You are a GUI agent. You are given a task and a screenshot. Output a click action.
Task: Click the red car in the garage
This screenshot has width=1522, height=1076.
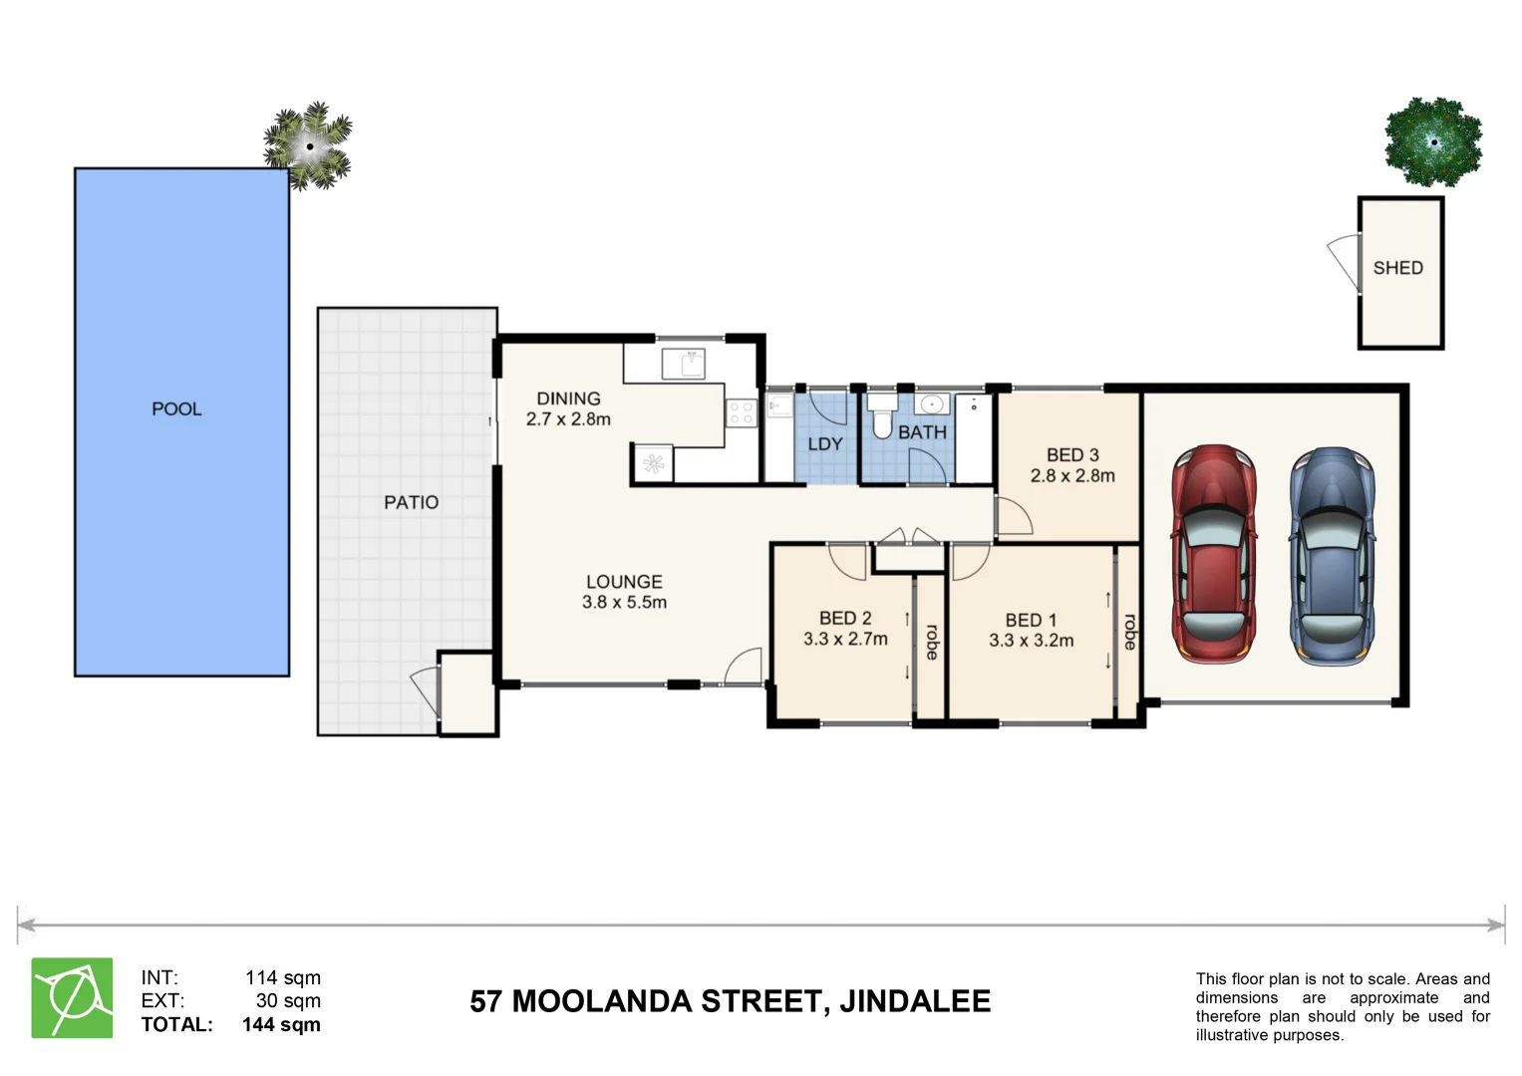(x=1213, y=554)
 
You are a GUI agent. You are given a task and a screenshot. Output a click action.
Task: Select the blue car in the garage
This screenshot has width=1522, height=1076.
(x=1333, y=556)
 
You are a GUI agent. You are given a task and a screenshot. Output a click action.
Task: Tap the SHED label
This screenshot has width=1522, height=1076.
(x=1397, y=268)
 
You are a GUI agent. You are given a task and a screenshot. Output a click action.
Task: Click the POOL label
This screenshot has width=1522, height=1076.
(x=176, y=408)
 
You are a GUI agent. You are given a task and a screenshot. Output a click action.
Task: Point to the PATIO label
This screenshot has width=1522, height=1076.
(x=411, y=502)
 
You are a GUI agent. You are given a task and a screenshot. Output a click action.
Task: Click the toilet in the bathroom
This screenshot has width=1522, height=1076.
(x=882, y=415)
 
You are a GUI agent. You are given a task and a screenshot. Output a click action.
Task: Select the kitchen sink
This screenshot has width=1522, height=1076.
(x=684, y=364)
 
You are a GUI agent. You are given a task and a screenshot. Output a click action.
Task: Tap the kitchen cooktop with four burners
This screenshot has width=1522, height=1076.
(x=741, y=412)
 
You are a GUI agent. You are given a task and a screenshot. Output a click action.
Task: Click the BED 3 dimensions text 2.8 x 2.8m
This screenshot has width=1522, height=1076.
(x=1072, y=476)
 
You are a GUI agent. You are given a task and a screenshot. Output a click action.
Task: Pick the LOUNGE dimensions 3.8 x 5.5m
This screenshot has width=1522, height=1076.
(x=624, y=603)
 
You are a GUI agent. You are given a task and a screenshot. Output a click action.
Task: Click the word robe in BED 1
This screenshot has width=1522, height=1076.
(x=1129, y=632)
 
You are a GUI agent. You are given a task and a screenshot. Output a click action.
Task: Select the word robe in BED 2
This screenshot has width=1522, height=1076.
(x=932, y=642)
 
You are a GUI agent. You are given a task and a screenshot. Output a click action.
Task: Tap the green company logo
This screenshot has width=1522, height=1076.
(x=72, y=998)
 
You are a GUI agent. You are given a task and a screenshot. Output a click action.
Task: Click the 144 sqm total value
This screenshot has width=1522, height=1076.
(x=281, y=1024)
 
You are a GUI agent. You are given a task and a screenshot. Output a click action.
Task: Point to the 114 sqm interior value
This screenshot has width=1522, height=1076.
(x=283, y=977)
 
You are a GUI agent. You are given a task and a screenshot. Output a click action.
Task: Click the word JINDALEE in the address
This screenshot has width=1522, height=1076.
(x=914, y=1001)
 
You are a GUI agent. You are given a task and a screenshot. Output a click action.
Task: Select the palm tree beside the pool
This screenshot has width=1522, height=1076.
(x=310, y=146)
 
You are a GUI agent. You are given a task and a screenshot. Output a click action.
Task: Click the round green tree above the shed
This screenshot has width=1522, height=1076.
(x=1433, y=142)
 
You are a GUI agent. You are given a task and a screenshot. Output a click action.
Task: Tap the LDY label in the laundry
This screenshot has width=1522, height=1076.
(x=824, y=444)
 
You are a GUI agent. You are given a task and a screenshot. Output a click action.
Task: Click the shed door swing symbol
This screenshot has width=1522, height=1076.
(x=1345, y=262)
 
